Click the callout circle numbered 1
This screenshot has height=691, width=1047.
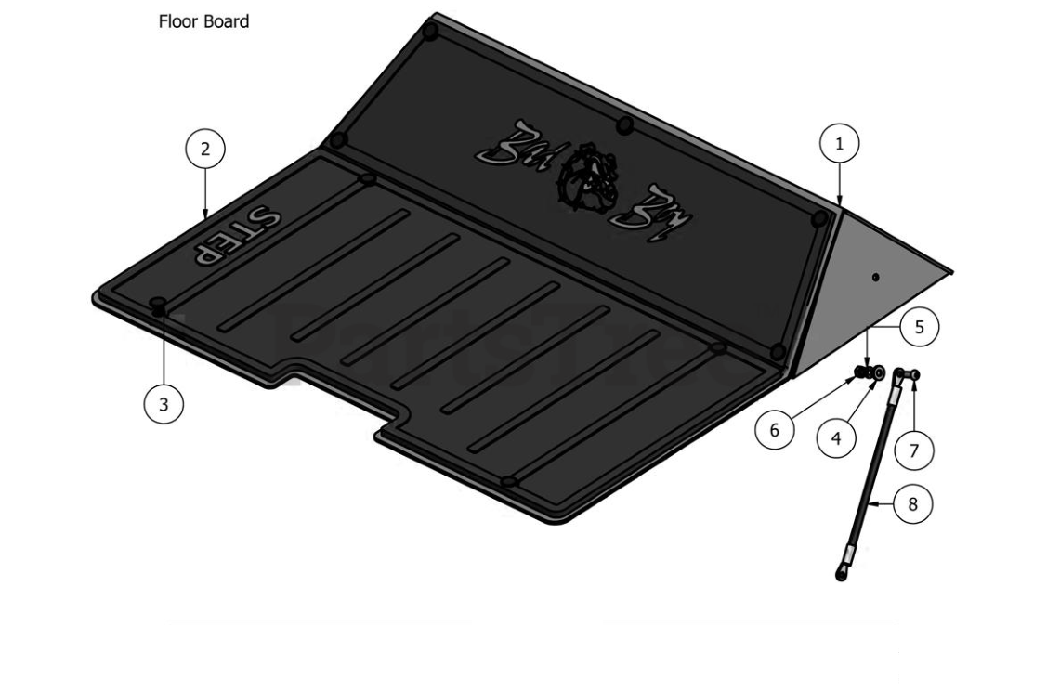click(840, 144)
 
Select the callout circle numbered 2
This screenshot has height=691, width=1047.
click(205, 148)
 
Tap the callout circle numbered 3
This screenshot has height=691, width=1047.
click(164, 404)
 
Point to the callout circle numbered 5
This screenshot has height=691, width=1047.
click(919, 327)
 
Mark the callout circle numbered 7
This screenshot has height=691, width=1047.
click(913, 450)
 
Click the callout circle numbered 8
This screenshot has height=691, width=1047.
click(913, 504)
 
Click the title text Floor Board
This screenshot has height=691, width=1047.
click(203, 21)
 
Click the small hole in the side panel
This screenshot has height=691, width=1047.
click(876, 277)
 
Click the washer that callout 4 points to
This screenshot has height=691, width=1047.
click(876, 375)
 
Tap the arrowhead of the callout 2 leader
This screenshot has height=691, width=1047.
click(205, 218)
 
